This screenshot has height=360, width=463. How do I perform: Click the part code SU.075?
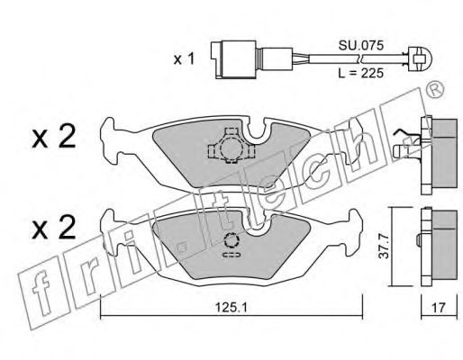(x=361, y=46)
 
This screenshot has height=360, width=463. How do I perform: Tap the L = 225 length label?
(x=360, y=73)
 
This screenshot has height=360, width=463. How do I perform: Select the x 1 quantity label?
(x=184, y=59)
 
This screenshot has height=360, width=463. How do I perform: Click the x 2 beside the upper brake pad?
(x=54, y=137)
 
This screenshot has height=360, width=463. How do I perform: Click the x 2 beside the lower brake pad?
(x=54, y=227)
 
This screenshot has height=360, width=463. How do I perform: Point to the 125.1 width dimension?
(x=231, y=307)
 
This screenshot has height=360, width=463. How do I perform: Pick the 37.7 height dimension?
(x=384, y=247)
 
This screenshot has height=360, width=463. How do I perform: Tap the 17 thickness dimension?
(x=439, y=308)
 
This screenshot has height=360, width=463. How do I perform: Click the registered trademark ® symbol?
(x=435, y=89)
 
